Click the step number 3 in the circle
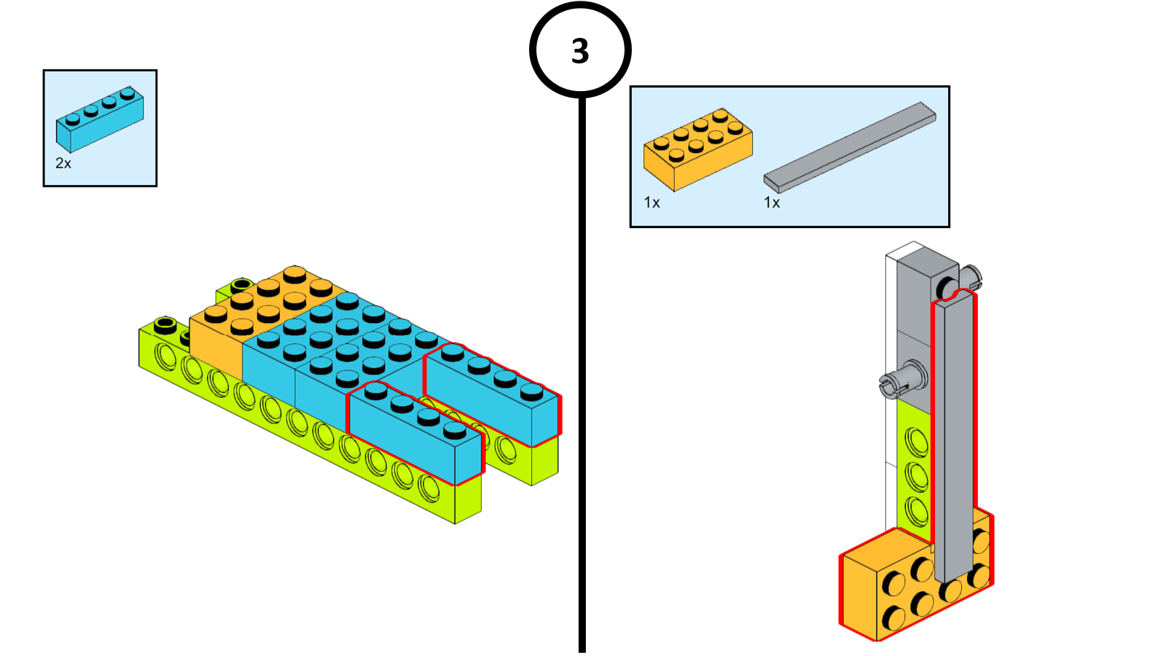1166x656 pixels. pos(580,51)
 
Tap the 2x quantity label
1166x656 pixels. pos(63,163)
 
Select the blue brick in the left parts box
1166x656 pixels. pos(100,120)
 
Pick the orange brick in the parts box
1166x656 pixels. pos(697,149)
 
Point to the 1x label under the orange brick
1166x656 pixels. pos(652,203)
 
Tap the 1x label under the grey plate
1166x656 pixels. pos(772,203)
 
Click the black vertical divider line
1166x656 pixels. pos(582,364)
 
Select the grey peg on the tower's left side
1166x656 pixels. pos(902,380)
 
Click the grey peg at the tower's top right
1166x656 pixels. pos(970,277)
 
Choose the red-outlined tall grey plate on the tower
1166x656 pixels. pos(955,437)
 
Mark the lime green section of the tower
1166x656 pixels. pos(913,466)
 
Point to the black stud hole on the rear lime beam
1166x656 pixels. pos(241,284)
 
